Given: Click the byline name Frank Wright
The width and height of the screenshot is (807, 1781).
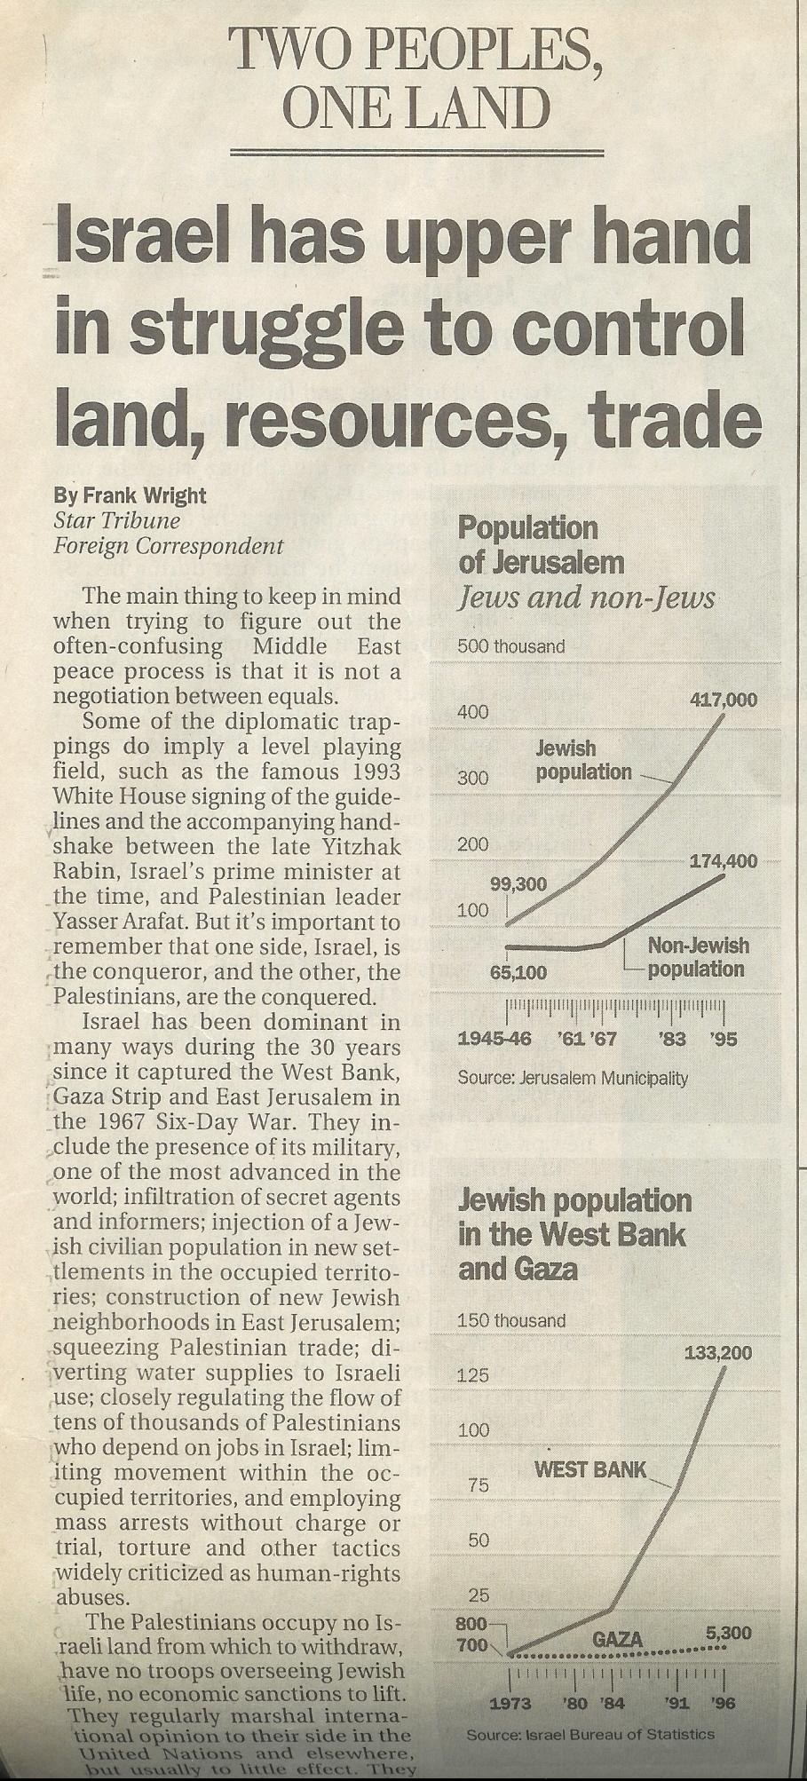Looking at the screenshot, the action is click(143, 495).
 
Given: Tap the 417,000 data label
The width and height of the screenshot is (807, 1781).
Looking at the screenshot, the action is click(724, 700).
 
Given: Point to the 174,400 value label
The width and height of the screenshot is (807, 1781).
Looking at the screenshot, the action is click(724, 860).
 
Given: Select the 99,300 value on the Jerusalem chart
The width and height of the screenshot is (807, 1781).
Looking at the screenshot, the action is click(519, 885).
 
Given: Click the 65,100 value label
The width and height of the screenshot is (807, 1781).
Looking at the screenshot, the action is click(518, 972).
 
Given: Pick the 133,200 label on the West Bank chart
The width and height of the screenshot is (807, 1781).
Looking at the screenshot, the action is click(718, 1354).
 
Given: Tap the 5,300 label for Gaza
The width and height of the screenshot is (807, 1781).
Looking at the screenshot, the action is click(729, 1633).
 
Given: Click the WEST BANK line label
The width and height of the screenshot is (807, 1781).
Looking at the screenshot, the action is click(590, 1469).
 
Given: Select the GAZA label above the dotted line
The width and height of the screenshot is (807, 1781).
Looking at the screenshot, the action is click(617, 1639).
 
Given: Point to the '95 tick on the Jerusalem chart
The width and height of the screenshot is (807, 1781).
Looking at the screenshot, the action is click(724, 1038).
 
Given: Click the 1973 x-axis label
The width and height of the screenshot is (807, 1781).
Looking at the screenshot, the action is click(510, 1703).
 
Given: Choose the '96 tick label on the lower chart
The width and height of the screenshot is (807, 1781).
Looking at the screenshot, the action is click(724, 1703).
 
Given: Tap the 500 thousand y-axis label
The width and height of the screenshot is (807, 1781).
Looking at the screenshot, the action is click(510, 646).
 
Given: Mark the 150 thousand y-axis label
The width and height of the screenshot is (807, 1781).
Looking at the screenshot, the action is click(510, 1320).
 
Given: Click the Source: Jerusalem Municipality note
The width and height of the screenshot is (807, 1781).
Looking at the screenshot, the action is click(573, 1079).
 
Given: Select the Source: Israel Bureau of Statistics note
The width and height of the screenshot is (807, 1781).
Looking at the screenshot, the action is click(590, 1734).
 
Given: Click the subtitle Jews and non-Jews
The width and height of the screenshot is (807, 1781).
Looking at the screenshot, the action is click(586, 598).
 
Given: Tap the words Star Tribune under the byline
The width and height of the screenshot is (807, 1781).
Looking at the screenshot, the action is click(116, 520).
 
